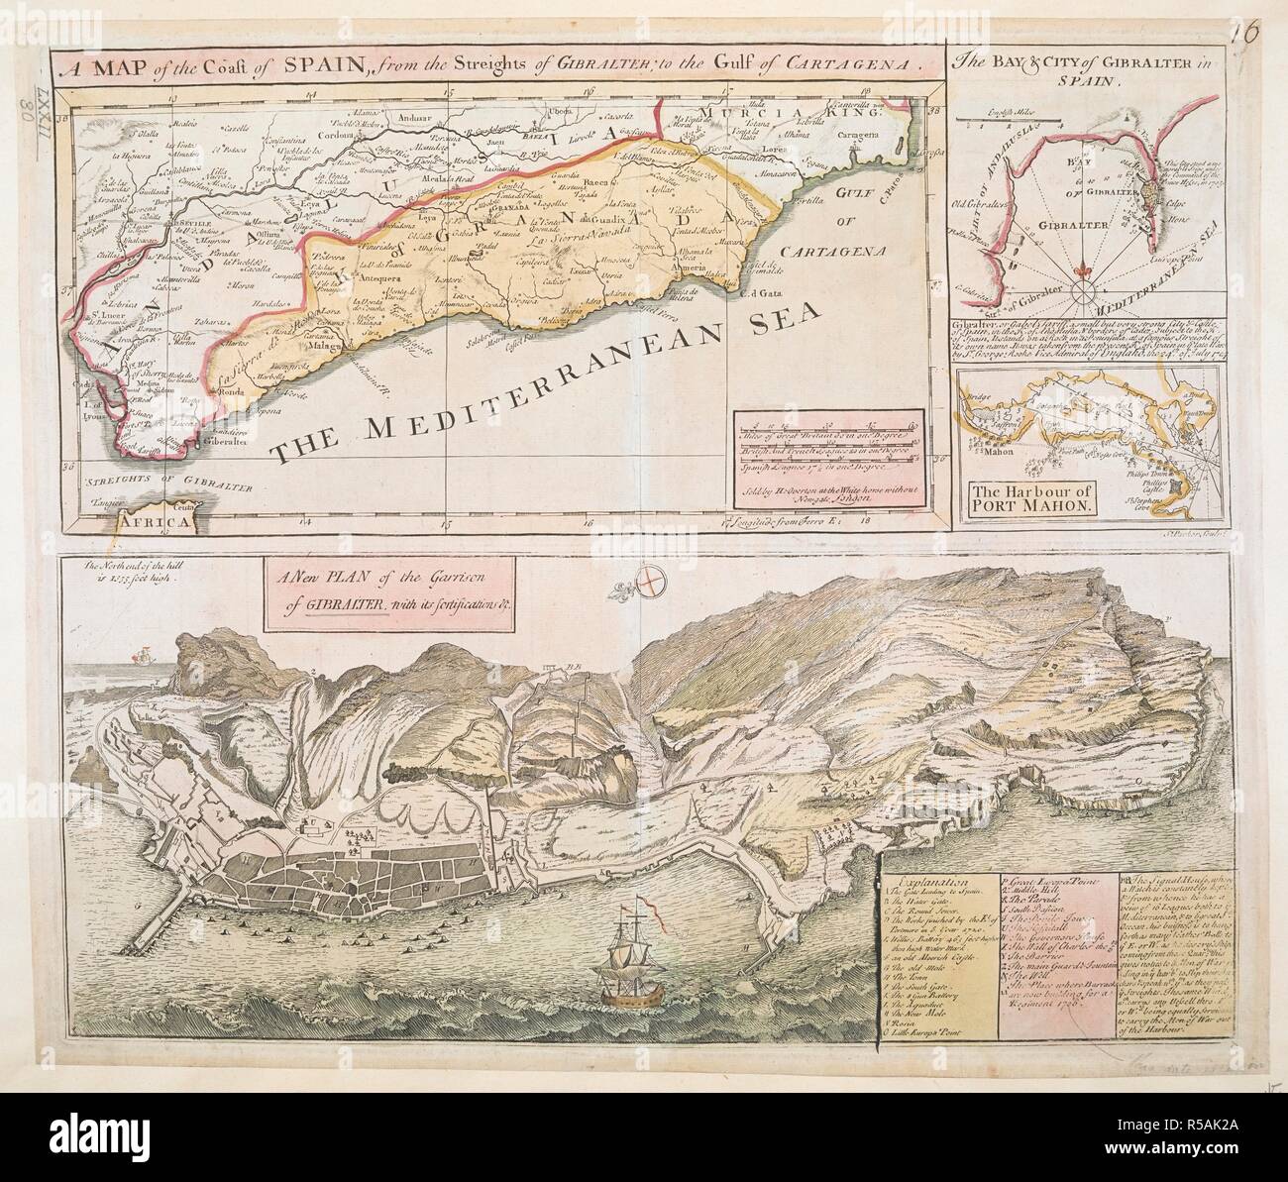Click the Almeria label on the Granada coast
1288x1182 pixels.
(x=684, y=269)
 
